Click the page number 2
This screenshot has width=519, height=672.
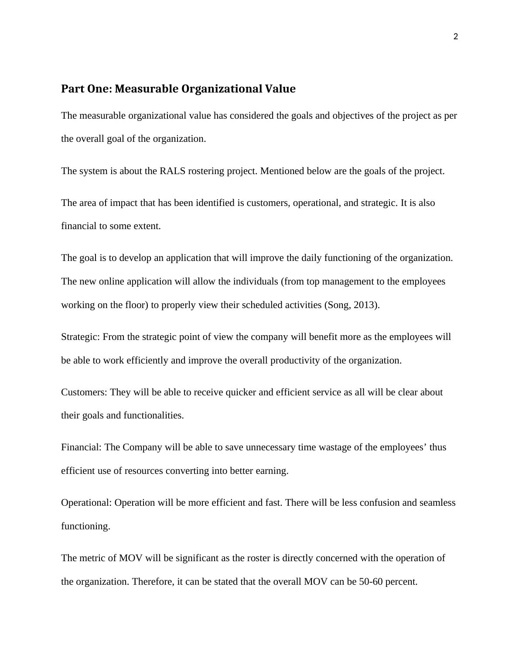456,37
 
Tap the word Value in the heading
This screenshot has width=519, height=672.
282,89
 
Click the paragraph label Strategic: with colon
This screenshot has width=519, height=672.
81,337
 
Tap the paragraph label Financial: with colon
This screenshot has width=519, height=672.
82,447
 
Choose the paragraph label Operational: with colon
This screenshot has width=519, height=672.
86,503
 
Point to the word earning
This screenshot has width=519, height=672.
271,471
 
